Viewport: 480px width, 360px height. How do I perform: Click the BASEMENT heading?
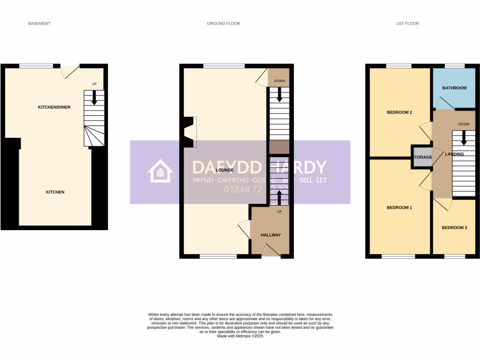coord(39,23)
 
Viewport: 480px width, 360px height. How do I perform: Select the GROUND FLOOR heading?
coord(223,23)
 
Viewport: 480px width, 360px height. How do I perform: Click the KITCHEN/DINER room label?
coord(54,107)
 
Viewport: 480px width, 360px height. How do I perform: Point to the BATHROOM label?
coord(454,88)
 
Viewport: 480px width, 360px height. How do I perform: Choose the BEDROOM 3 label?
coord(454,228)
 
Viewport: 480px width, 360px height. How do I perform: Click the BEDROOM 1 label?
coord(399,208)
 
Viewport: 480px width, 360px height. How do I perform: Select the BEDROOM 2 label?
coord(399,112)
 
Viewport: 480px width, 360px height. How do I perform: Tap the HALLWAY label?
coord(270,235)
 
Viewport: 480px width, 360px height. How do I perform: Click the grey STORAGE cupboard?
coord(422,157)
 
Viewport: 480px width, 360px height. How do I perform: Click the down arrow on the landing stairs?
coord(464,138)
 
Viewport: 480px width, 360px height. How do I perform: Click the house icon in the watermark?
coord(160,171)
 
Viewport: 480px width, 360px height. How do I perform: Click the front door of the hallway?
coord(270,252)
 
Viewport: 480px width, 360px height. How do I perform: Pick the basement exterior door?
coord(70,71)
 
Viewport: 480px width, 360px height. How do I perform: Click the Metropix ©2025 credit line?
coord(240,336)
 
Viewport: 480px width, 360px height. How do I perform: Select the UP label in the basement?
coord(94,84)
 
